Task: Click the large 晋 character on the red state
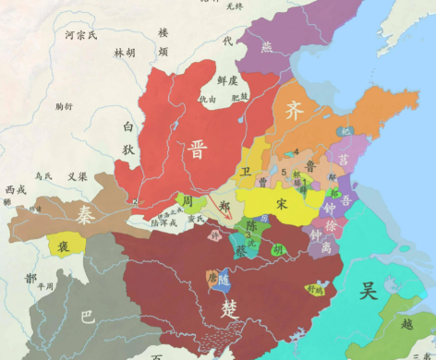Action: pyautogui.click(x=197, y=150)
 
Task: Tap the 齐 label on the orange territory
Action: pyautogui.click(x=295, y=112)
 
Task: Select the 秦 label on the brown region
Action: pyautogui.click(x=85, y=215)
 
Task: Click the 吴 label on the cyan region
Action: pyautogui.click(x=369, y=292)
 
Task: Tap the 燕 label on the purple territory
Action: pyautogui.click(x=268, y=47)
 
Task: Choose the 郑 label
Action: pyautogui.click(x=226, y=206)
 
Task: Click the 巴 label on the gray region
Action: pyautogui.click(x=88, y=317)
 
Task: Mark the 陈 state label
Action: pyautogui.click(x=250, y=225)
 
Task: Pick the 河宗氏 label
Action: pyautogui.click(x=80, y=35)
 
